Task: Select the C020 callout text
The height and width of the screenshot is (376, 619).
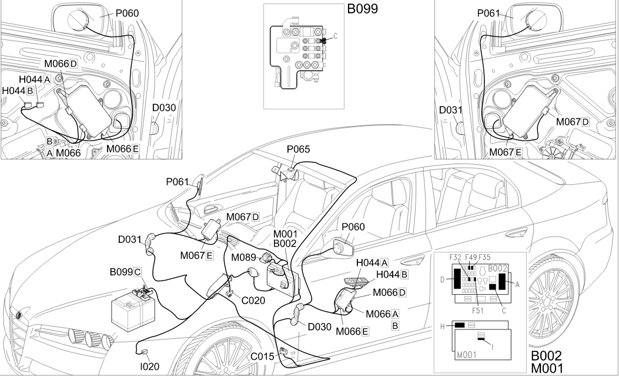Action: (253, 300)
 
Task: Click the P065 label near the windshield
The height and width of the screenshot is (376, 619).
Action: (298, 149)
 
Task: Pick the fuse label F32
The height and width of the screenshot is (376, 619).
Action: (455, 257)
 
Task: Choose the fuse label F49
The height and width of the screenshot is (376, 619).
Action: (471, 257)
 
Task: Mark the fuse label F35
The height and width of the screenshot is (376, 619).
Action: (484, 257)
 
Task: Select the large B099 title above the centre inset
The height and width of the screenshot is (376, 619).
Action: (361, 9)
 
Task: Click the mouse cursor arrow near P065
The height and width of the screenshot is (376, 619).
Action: (283, 176)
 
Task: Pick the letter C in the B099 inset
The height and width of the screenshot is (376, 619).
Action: (335, 35)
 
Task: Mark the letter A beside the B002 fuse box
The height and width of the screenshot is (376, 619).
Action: (517, 283)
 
